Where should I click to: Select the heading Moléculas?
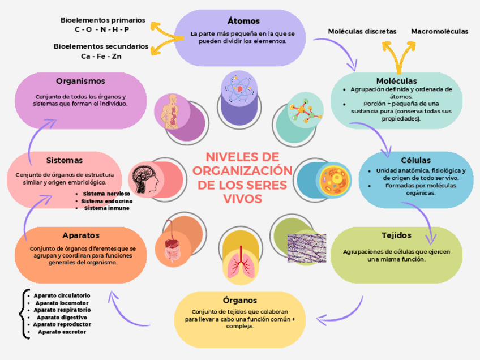click(x=396, y=81)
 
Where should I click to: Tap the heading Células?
click(x=415, y=161)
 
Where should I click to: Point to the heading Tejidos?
click(x=396, y=235)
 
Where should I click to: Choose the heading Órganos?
click(x=240, y=300)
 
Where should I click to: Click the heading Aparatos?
click(x=81, y=235)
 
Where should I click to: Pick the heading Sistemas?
click(x=64, y=160)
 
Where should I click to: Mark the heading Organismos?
click(x=80, y=82)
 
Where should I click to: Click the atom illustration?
click(x=241, y=87)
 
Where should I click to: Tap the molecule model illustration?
click(x=303, y=112)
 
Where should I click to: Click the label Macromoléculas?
click(x=439, y=32)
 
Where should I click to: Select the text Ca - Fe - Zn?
click(x=101, y=57)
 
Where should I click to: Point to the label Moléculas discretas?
click(x=362, y=32)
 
